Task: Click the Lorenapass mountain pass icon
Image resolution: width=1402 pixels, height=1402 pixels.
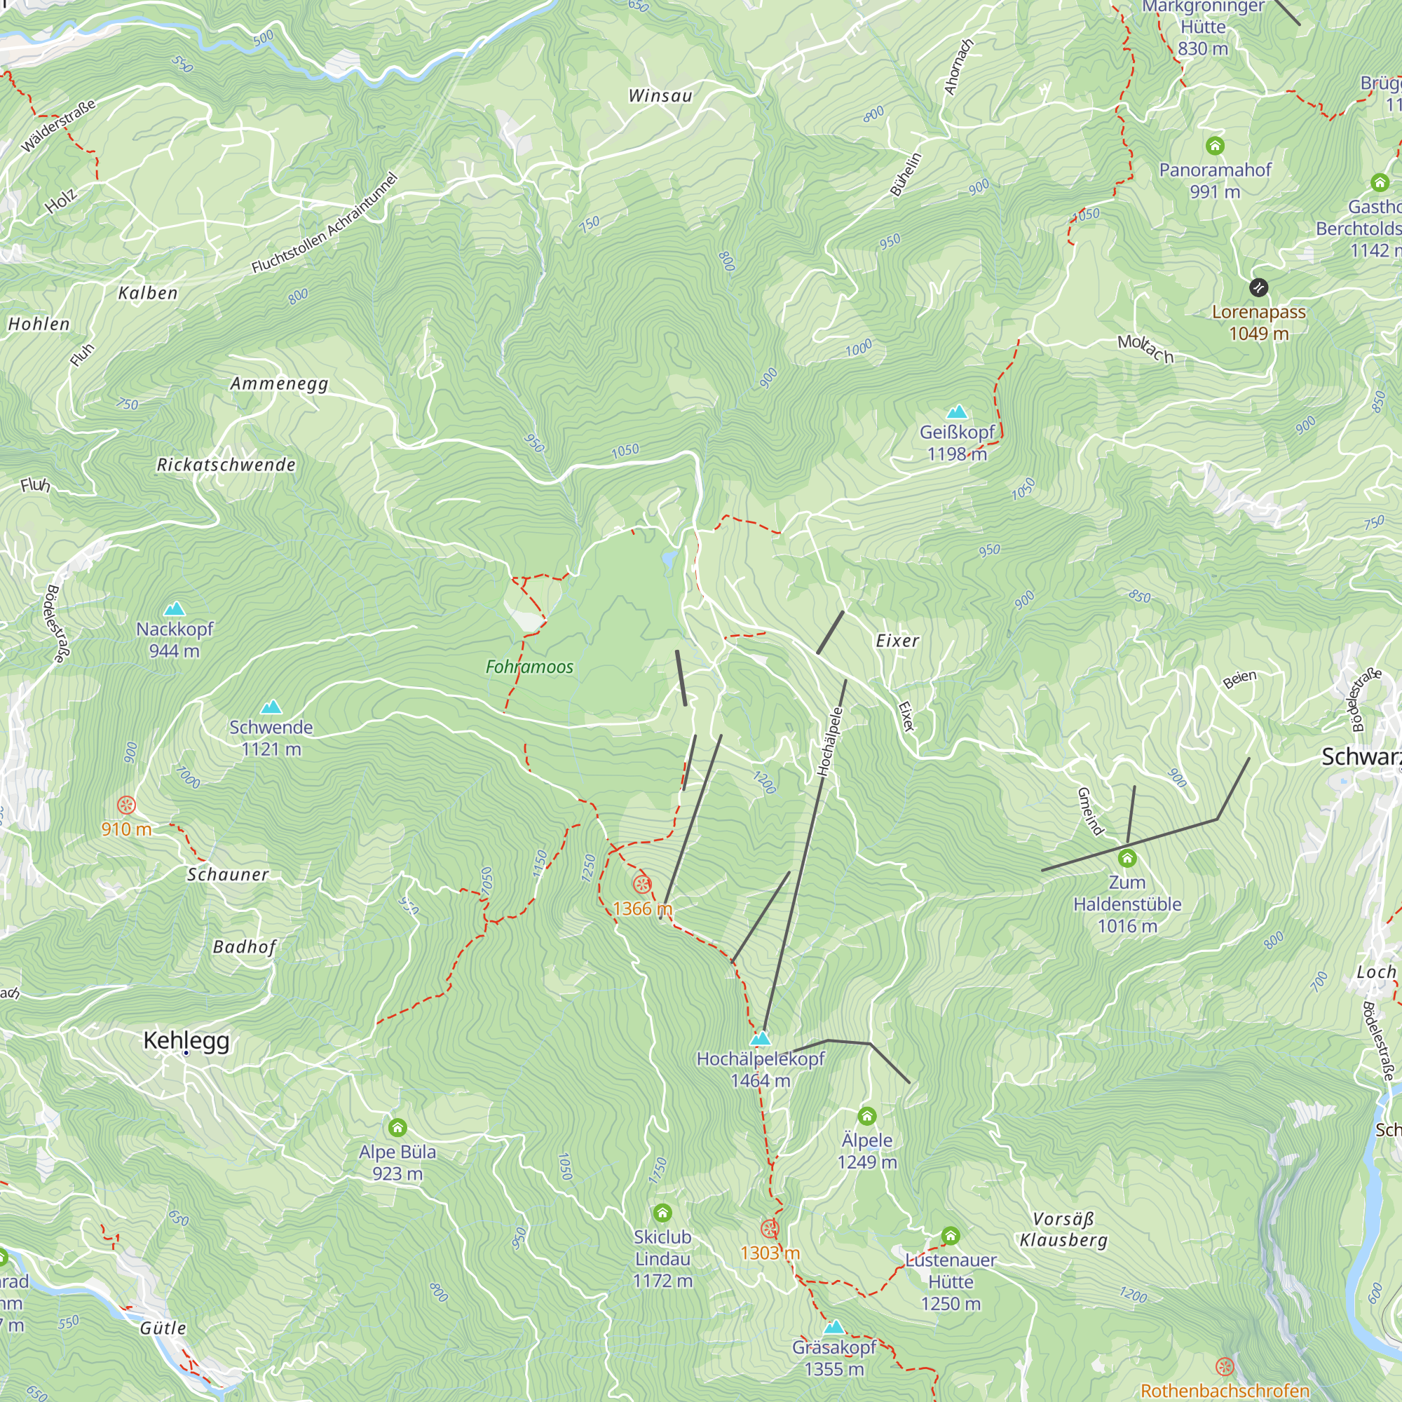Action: point(1258,287)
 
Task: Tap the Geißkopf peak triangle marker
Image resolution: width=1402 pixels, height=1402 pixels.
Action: point(957,412)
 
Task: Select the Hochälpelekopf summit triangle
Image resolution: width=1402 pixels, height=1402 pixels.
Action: point(760,1038)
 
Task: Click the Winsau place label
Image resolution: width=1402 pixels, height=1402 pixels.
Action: point(660,96)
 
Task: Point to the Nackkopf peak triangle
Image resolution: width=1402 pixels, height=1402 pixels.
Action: point(174,609)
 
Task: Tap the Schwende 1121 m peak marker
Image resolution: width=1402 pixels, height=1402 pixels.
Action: point(271,707)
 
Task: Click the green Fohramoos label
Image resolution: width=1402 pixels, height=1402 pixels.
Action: point(529,667)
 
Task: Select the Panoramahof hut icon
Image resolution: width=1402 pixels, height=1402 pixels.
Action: point(1215,146)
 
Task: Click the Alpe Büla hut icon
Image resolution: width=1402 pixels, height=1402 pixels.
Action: point(397,1127)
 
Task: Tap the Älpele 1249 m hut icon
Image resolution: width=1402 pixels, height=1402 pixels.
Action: point(866,1115)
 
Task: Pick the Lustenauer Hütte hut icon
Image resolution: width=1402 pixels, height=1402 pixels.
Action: point(951,1235)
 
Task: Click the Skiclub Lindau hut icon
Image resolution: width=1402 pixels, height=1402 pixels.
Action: point(662,1213)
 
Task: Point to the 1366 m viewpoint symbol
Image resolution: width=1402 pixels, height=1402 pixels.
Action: point(641,884)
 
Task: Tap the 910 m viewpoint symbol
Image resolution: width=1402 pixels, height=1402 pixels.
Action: point(126,805)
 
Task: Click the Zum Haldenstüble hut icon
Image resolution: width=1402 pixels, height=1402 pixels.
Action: point(1127,859)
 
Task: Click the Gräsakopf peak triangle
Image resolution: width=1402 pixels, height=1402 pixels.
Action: point(833,1327)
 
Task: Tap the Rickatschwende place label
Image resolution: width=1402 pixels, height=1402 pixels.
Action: point(226,465)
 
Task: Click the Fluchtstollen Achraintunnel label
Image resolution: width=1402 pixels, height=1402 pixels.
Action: point(325,224)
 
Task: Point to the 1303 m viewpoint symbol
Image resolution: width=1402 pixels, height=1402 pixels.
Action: point(769,1229)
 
